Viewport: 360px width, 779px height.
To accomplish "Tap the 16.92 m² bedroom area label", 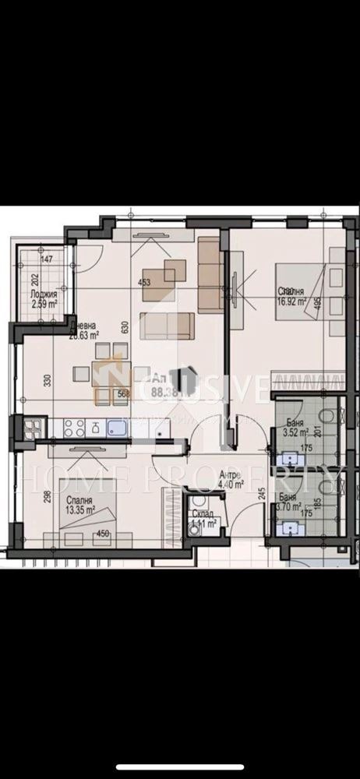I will click(x=292, y=297).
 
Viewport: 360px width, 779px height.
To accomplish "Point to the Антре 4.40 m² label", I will click(x=232, y=480).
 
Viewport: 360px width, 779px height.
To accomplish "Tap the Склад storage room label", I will click(x=203, y=520).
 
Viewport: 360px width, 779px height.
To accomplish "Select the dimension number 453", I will click(x=143, y=284).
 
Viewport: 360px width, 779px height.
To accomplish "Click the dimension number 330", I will click(x=46, y=382).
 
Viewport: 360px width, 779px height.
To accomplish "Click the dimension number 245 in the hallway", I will click(x=261, y=494).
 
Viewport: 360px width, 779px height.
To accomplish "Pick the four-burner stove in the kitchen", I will click(x=73, y=428).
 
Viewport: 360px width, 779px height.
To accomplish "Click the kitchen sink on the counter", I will click(x=118, y=428).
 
